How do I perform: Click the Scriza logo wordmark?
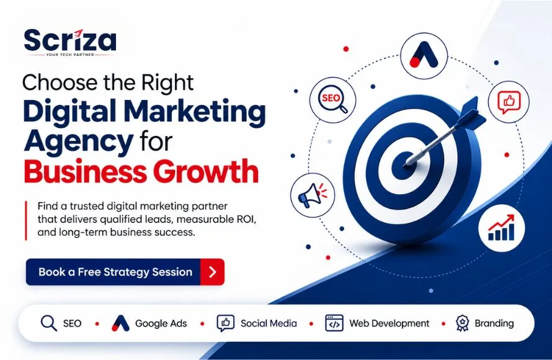pos(69,40)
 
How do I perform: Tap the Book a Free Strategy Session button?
pos(125,272)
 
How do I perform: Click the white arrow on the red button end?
pos(213,272)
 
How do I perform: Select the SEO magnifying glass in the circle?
pos(333,100)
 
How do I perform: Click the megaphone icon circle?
pos(313,195)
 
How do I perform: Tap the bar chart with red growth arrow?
pos(501,228)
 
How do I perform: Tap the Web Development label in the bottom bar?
pos(390,323)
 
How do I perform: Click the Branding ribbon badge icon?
pos(462,323)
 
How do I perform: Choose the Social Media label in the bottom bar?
pos(269,323)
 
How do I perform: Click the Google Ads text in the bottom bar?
pos(161,323)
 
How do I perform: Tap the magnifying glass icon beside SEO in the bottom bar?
pos(48,323)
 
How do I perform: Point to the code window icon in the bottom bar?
pos(334,323)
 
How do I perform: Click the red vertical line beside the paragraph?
pos(26,220)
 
